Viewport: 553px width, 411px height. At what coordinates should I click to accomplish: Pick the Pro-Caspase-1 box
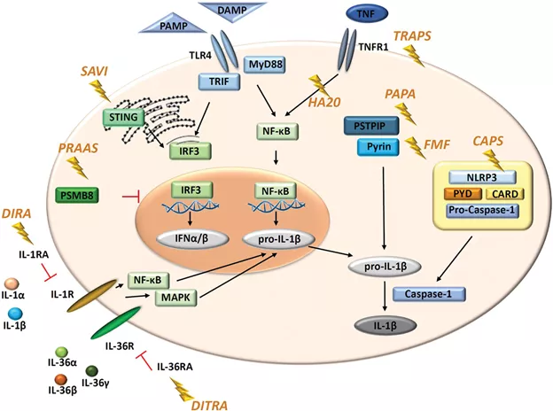point(484,211)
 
